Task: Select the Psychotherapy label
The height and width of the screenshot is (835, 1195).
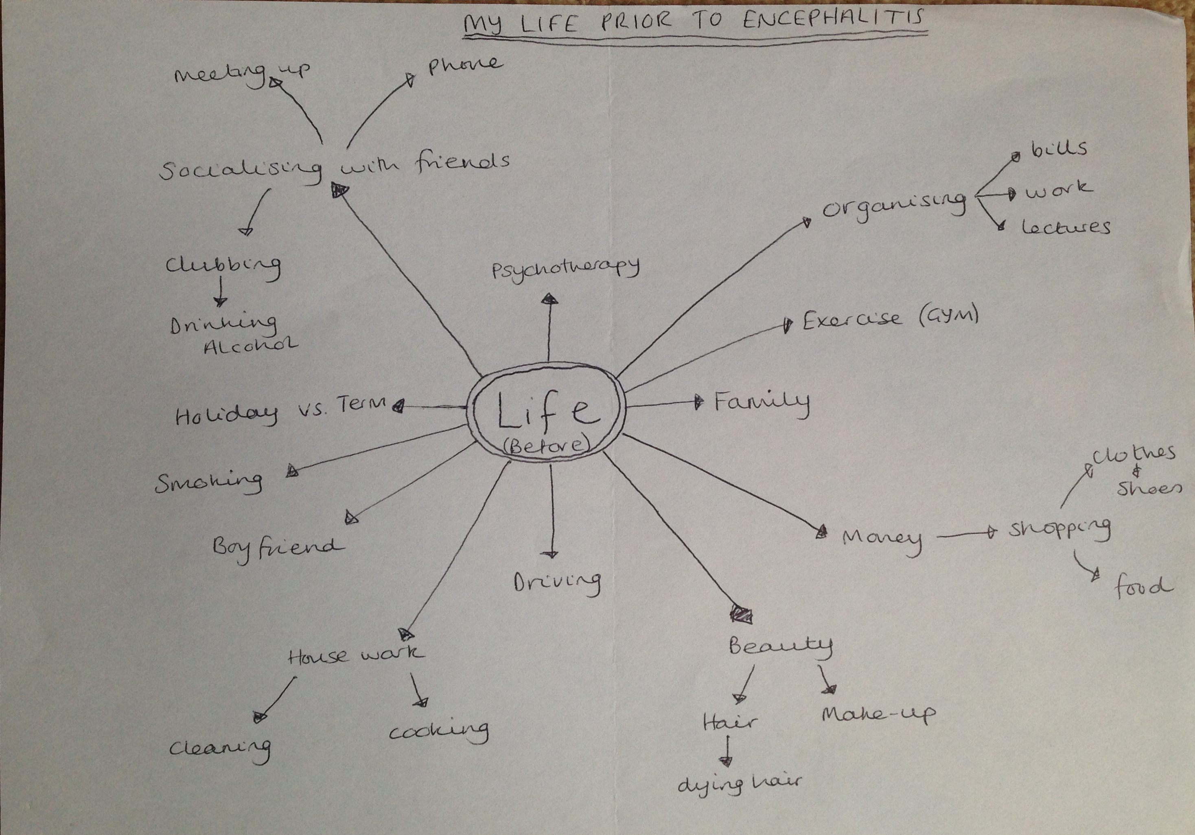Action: pos(566,270)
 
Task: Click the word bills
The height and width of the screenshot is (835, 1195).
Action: pos(1060,149)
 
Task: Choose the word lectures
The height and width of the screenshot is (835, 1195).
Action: pos(1066,228)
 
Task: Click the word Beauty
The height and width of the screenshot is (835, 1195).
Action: pos(780,646)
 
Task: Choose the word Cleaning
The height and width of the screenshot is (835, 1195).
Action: pos(220,749)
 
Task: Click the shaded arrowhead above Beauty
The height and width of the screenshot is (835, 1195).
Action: pos(741,614)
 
